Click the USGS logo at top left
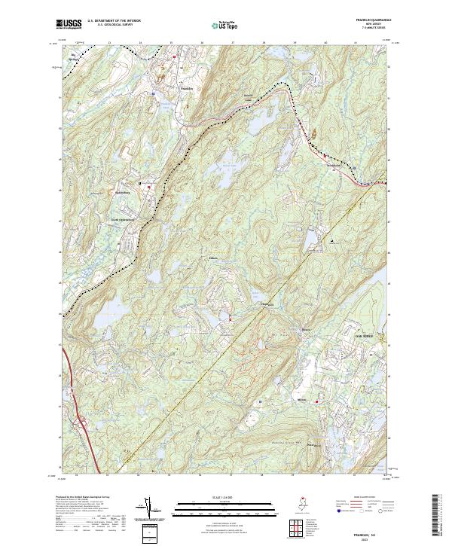coord(70,25)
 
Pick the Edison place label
coord(213,258)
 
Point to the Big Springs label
coord(75,56)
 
